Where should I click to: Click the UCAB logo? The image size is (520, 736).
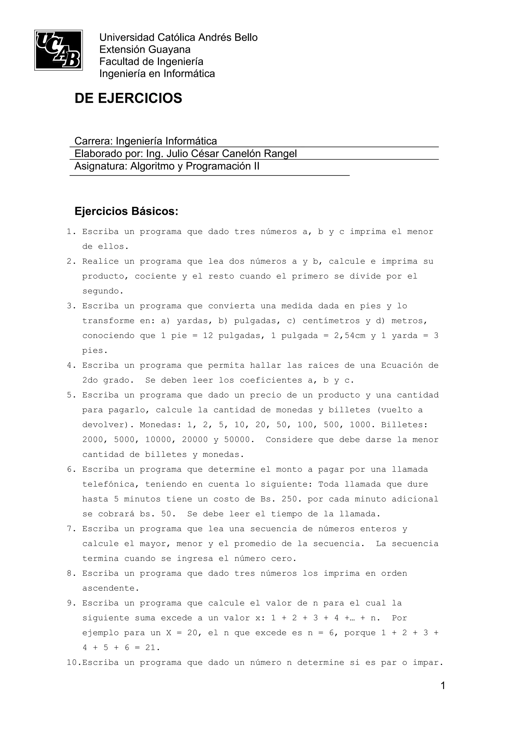coord(58,50)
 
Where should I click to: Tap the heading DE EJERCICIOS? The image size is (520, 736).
coord(128,98)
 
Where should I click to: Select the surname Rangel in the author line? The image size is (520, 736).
coord(280,154)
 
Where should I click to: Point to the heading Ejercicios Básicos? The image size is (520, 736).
coord(126,212)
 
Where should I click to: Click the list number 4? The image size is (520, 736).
coord(70,365)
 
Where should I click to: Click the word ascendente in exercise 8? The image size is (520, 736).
coord(109,588)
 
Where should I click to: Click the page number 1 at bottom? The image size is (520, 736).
coord(443,686)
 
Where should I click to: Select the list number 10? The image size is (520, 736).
coord(72,663)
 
